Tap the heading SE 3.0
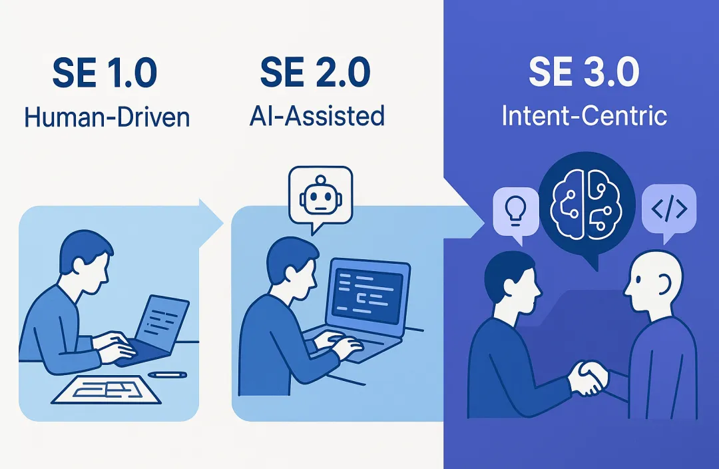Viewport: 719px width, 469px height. (584, 74)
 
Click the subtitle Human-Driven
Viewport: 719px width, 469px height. (107, 117)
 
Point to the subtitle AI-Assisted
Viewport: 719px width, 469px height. (318, 116)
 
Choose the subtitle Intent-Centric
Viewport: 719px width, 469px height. (584, 116)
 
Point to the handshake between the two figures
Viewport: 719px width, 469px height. (589, 378)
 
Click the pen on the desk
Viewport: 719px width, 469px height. (167, 374)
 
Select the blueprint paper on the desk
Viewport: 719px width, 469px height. (107, 389)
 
